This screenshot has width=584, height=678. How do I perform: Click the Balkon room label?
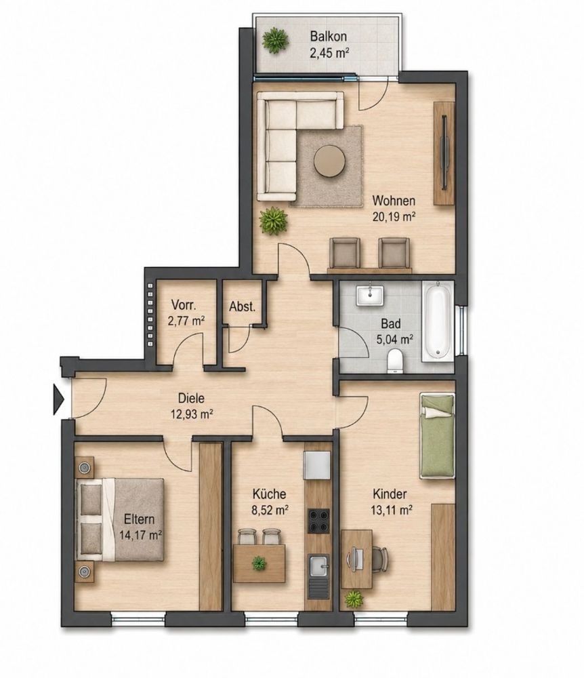(x=329, y=37)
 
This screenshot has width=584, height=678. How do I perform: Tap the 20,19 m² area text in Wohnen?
(x=394, y=217)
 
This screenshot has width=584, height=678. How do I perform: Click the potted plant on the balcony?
(x=275, y=41)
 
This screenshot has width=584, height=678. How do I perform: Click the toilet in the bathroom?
(x=395, y=361)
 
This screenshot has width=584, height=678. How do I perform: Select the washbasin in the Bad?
(x=370, y=296)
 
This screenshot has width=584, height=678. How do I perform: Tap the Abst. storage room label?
(x=242, y=307)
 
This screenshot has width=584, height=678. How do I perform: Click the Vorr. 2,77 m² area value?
(x=186, y=321)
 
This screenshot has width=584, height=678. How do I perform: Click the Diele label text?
(x=191, y=398)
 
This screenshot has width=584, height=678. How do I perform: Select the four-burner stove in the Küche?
(x=319, y=521)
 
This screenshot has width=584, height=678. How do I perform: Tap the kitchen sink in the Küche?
(x=319, y=567)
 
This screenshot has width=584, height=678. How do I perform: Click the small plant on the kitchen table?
(x=259, y=563)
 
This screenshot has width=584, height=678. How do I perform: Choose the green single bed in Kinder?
(x=438, y=435)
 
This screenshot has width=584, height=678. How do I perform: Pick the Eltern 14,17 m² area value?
(x=140, y=535)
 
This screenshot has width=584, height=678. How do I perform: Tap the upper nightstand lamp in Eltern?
(x=84, y=467)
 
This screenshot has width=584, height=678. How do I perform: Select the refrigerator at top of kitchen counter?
(x=316, y=465)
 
